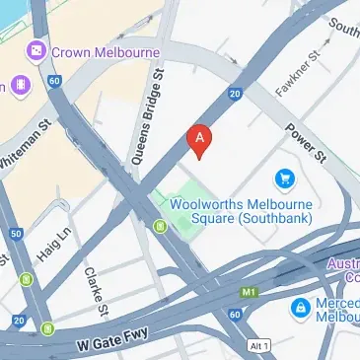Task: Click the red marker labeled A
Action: click(200, 140)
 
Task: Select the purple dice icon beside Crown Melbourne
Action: click(36, 49)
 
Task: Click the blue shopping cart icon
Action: click(286, 179)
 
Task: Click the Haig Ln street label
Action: click(55, 242)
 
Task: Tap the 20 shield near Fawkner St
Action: click(234, 95)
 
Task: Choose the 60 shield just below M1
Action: click(235, 314)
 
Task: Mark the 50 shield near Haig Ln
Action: click(17, 235)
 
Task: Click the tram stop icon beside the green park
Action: click(159, 227)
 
